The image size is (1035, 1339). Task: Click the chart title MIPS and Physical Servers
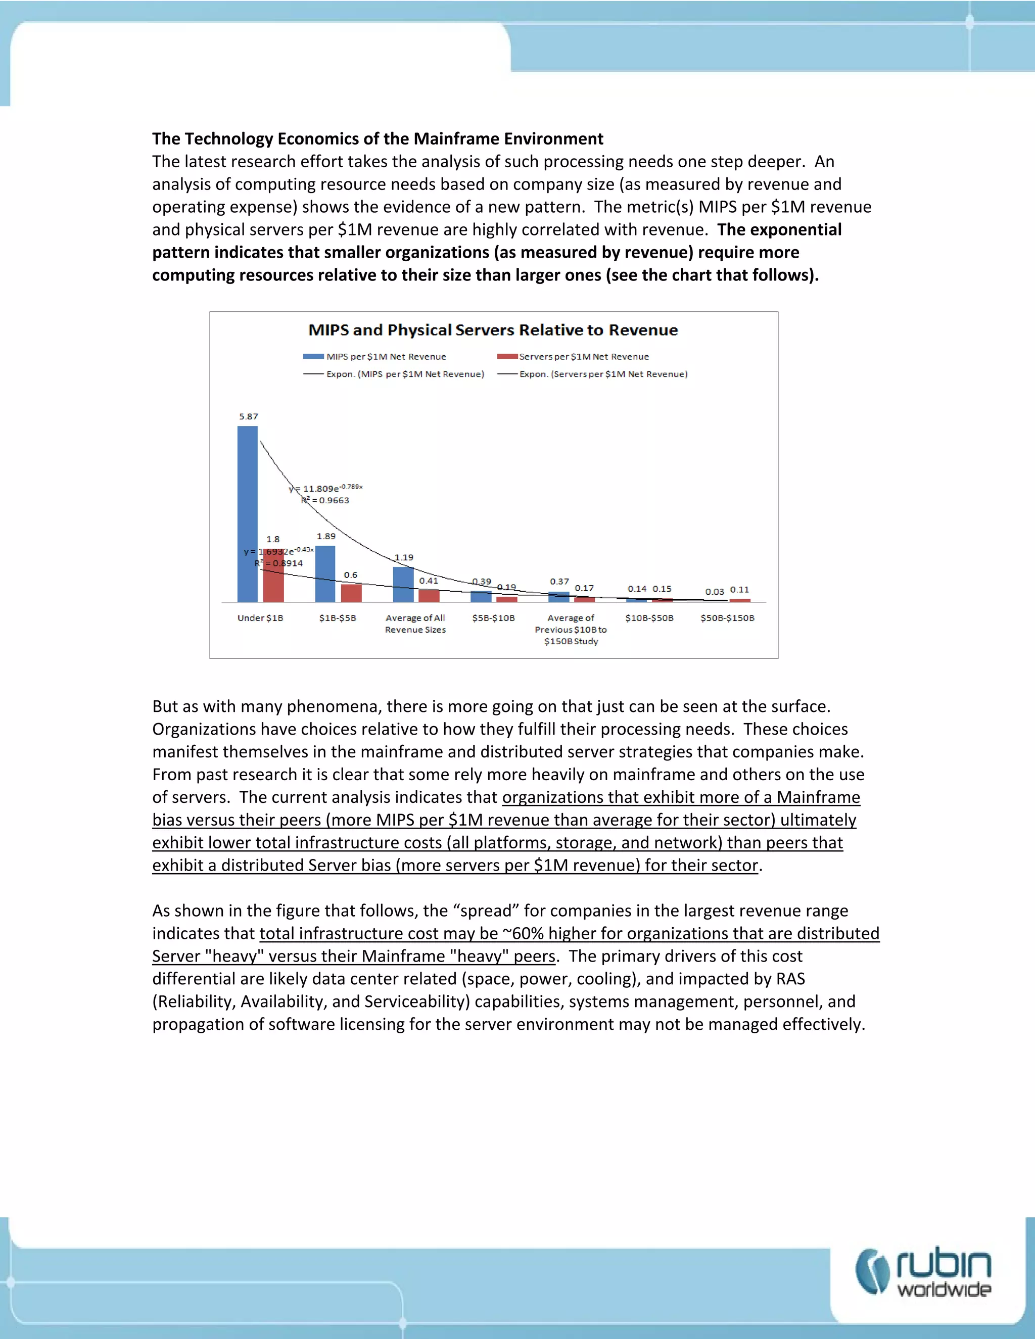click(x=493, y=330)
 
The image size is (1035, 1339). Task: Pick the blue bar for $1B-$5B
click(x=325, y=574)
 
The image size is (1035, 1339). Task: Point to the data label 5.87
click(x=248, y=416)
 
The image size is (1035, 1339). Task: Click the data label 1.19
click(x=403, y=557)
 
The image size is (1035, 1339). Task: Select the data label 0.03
click(x=714, y=592)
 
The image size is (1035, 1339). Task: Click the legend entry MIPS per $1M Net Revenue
click(x=386, y=357)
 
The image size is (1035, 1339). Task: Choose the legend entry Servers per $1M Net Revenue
click(x=583, y=357)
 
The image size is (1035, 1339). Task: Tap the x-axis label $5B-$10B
click(x=493, y=618)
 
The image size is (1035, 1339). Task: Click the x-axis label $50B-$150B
click(x=727, y=618)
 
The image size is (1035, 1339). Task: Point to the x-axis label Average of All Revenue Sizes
click(x=415, y=624)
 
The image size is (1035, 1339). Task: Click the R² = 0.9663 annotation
click(x=326, y=500)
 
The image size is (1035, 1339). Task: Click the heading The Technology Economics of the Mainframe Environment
click(x=378, y=138)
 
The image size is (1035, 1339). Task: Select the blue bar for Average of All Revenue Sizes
click(x=403, y=584)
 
